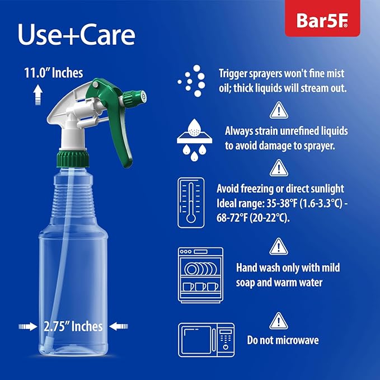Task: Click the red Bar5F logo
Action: pyautogui.click(x=323, y=21)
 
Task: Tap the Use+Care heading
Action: pyautogui.click(x=76, y=35)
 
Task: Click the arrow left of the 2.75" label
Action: pyautogui.click(x=29, y=325)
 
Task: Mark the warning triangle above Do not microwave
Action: pyautogui.click(x=278, y=321)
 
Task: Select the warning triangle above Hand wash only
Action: pyautogui.click(x=278, y=246)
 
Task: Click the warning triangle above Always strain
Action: pyautogui.click(x=278, y=110)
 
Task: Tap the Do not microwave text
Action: pyautogui.click(x=283, y=340)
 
